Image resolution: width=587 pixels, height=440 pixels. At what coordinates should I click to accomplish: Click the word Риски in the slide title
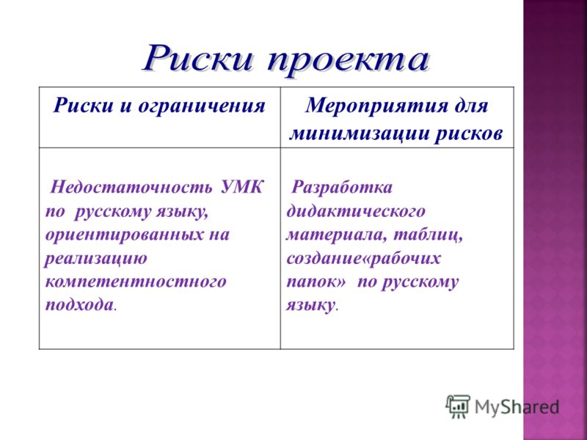tap(199, 58)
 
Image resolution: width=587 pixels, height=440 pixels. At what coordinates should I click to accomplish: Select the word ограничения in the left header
tap(202, 106)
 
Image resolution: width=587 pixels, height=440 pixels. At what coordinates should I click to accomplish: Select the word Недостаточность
tap(132, 187)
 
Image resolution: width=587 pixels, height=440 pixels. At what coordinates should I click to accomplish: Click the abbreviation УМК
tap(242, 187)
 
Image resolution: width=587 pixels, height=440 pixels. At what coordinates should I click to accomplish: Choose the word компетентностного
tap(136, 282)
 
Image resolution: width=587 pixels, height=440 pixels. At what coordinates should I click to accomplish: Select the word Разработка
tap(342, 187)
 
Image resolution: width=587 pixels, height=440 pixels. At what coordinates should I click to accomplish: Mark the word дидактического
tap(356, 211)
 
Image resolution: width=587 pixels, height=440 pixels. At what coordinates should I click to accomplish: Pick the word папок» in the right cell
tap(316, 282)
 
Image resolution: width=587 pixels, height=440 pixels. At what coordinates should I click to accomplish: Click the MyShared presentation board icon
tap(458, 406)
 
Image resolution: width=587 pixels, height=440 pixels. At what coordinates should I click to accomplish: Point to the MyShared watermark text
tap(517, 407)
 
